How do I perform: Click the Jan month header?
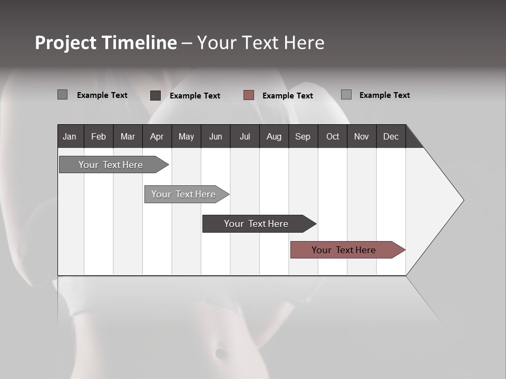click(70, 136)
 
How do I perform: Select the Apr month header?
click(157, 136)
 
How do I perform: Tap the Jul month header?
click(245, 136)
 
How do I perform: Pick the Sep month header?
click(303, 136)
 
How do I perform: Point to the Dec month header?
click(391, 136)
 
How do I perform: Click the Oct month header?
click(332, 136)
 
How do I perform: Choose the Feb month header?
click(99, 136)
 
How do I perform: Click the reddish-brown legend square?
click(249, 95)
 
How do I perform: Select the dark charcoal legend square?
click(155, 95)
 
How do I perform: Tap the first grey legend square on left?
click(63, 95)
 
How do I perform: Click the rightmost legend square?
click(346, 95)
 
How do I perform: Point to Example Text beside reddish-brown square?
click(287, 96)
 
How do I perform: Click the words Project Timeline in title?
click(105, 43)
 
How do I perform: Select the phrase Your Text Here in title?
click(260, 43)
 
